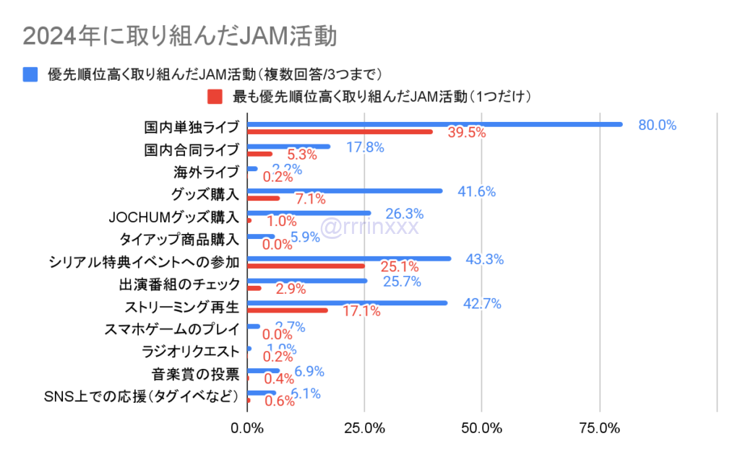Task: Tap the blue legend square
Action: [x=30, y=74]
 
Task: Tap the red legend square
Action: [x=214, y=95]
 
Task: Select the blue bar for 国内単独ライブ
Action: [x=434, y=124]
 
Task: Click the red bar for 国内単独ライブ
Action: [x=340, y=131]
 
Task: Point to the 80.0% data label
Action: [x=657, y=125]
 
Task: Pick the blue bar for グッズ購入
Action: [x=345, y=191]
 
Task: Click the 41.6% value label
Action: [x=476, y=191]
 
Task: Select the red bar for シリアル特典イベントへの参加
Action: [x=306, y=266]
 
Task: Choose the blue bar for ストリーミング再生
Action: [x=347, y=303]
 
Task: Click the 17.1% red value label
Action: [x=361, y=311]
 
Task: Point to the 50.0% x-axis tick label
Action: [x=482, y=428]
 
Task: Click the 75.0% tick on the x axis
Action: [x=600, y=428]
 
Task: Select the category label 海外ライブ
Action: [x=205, y=172]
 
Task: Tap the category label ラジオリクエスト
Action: [x=190, y=352]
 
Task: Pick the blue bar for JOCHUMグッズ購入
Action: [x=309, y=213]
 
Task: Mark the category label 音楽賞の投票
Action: [x=195, y=374]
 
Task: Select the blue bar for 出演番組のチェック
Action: [x=307, y=281]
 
